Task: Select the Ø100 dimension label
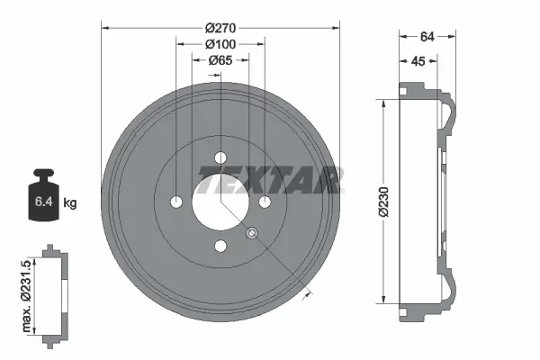pyautogui.click(x=220, y=44)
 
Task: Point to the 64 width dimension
pyautogui.click(x=427, y=37)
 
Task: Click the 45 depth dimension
pyautogui.click(x=418, y=61)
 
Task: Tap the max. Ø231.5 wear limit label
pyautogui.click(x=27, y=293)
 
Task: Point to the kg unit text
pyautogui.click(x=70, y=203)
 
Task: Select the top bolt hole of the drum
pyautogui.click(x=220, y=158)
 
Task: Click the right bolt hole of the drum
pyautogui.click(x=265, y=202)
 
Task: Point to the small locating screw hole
pyautogui.click(x=252, y=234)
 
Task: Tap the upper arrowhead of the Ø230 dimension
pyautogui.click(x=385, y=103)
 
